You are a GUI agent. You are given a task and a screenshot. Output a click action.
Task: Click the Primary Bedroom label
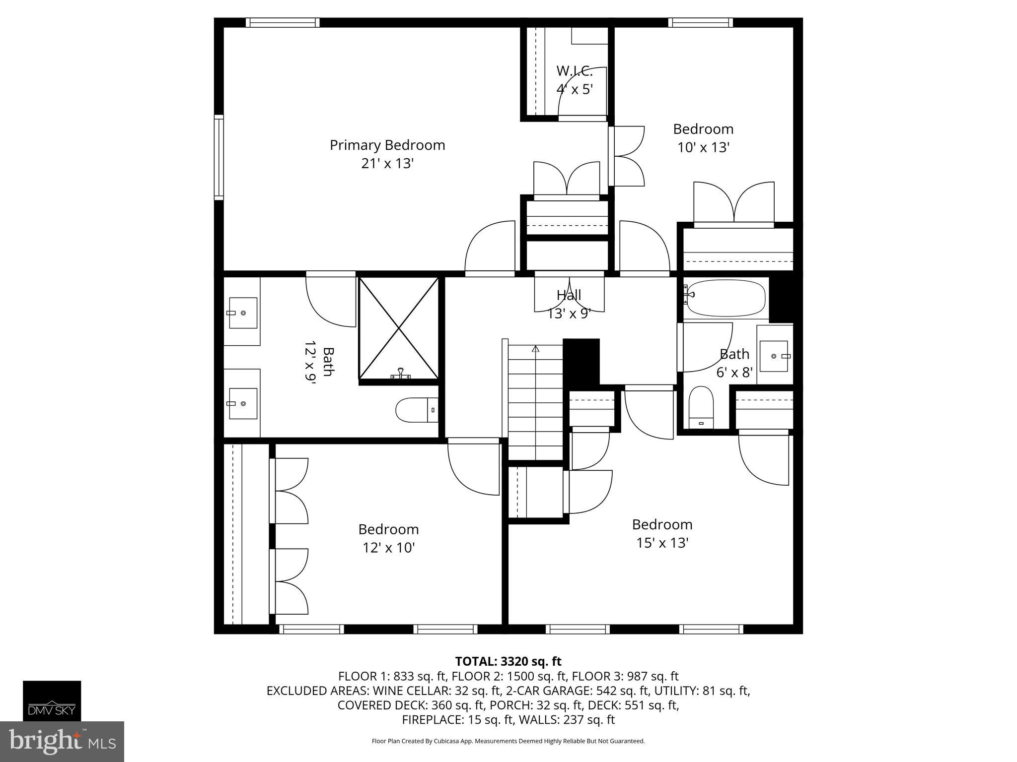[387, 145]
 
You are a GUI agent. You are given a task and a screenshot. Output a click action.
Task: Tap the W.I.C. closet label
[575, 71]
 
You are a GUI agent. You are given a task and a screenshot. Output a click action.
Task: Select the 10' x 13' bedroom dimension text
[703, 148]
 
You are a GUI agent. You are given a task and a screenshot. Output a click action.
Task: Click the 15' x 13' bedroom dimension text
[662, 543]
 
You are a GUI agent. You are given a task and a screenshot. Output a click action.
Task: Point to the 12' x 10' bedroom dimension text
[388, 548]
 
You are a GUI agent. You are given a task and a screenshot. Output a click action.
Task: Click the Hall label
[569, 296]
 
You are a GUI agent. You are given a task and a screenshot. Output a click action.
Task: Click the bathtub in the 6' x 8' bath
[725, 298]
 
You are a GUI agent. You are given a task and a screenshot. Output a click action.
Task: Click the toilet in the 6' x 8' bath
[701, 407]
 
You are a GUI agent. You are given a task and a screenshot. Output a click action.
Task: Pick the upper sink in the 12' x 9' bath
[243, 313]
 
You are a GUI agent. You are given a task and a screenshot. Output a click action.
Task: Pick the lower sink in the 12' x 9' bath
[243, 404]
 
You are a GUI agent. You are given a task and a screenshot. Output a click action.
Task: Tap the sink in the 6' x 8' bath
[774, 356]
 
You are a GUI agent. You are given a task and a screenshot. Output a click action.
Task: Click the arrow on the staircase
[535, 349]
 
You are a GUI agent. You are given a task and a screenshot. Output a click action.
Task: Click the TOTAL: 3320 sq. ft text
[508, 661]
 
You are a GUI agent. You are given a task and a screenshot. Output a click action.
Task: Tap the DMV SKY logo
[52, 700]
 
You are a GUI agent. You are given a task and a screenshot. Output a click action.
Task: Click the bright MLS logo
[62, 741]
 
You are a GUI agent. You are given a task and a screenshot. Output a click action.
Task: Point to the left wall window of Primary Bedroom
[218, 157]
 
